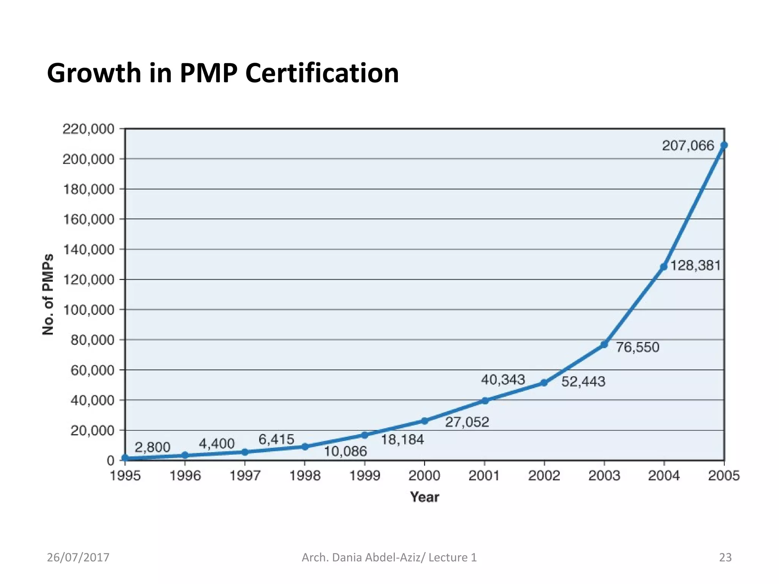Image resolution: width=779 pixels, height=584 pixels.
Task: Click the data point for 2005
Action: click(724, 145)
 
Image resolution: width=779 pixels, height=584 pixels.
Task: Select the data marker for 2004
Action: click(664, 267)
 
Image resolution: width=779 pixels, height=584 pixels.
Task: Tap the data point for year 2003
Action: click(604, 344)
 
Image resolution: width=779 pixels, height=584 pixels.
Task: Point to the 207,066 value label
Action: click(688, 146)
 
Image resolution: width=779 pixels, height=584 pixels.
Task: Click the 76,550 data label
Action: click(637, 347)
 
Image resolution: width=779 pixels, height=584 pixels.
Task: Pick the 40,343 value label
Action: click(503, 379)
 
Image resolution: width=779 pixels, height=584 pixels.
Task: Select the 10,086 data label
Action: click(345, 451)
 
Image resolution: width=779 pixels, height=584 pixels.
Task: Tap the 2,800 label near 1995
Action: click(153, 447)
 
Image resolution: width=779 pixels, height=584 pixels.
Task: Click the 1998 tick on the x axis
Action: click(305, 476)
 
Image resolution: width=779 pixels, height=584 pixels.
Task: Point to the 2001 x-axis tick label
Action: click(484, 476)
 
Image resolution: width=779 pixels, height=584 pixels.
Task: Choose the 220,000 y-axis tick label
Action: click(88, 129)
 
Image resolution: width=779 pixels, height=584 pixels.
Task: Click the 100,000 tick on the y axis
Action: click(88, 310)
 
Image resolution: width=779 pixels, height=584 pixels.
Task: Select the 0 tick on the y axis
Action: click(110, 460)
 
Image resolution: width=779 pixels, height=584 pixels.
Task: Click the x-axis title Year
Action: click(424, 497)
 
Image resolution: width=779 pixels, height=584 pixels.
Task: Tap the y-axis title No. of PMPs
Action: click(48, 294)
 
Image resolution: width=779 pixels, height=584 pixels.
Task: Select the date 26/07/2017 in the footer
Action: click(78, 557)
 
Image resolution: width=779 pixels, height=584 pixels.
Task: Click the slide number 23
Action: click(725, 557)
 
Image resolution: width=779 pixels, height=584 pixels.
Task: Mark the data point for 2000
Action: click(424, 421)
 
